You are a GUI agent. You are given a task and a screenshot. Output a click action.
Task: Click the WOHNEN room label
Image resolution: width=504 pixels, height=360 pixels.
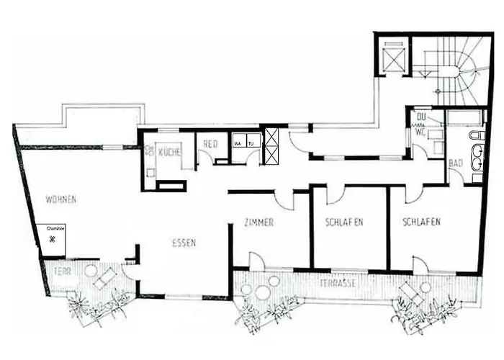[60, 198]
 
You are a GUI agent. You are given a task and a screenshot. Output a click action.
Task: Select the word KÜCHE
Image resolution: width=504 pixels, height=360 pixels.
[170, 152]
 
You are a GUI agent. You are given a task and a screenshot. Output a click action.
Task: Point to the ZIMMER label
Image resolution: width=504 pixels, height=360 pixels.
[258, 222]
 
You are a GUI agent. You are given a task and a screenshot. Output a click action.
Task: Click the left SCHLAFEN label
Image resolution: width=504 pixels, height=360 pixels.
[343, 222]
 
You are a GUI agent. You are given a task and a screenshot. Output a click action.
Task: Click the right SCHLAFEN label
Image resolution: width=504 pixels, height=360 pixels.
[421, 222]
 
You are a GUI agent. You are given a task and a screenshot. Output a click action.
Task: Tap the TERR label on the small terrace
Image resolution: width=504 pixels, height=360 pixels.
[63, 272]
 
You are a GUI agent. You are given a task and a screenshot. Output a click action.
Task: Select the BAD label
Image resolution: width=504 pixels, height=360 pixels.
[456, 164]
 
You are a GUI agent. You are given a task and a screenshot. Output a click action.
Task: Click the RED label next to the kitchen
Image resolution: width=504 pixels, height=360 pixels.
[210, 143]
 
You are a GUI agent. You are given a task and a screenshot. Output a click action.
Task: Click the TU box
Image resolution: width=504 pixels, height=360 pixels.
[251, 143]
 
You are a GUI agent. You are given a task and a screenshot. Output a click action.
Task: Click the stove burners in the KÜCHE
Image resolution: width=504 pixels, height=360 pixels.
[150, 151]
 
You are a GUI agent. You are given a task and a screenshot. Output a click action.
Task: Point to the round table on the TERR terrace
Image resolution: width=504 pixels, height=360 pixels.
[91, 271]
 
